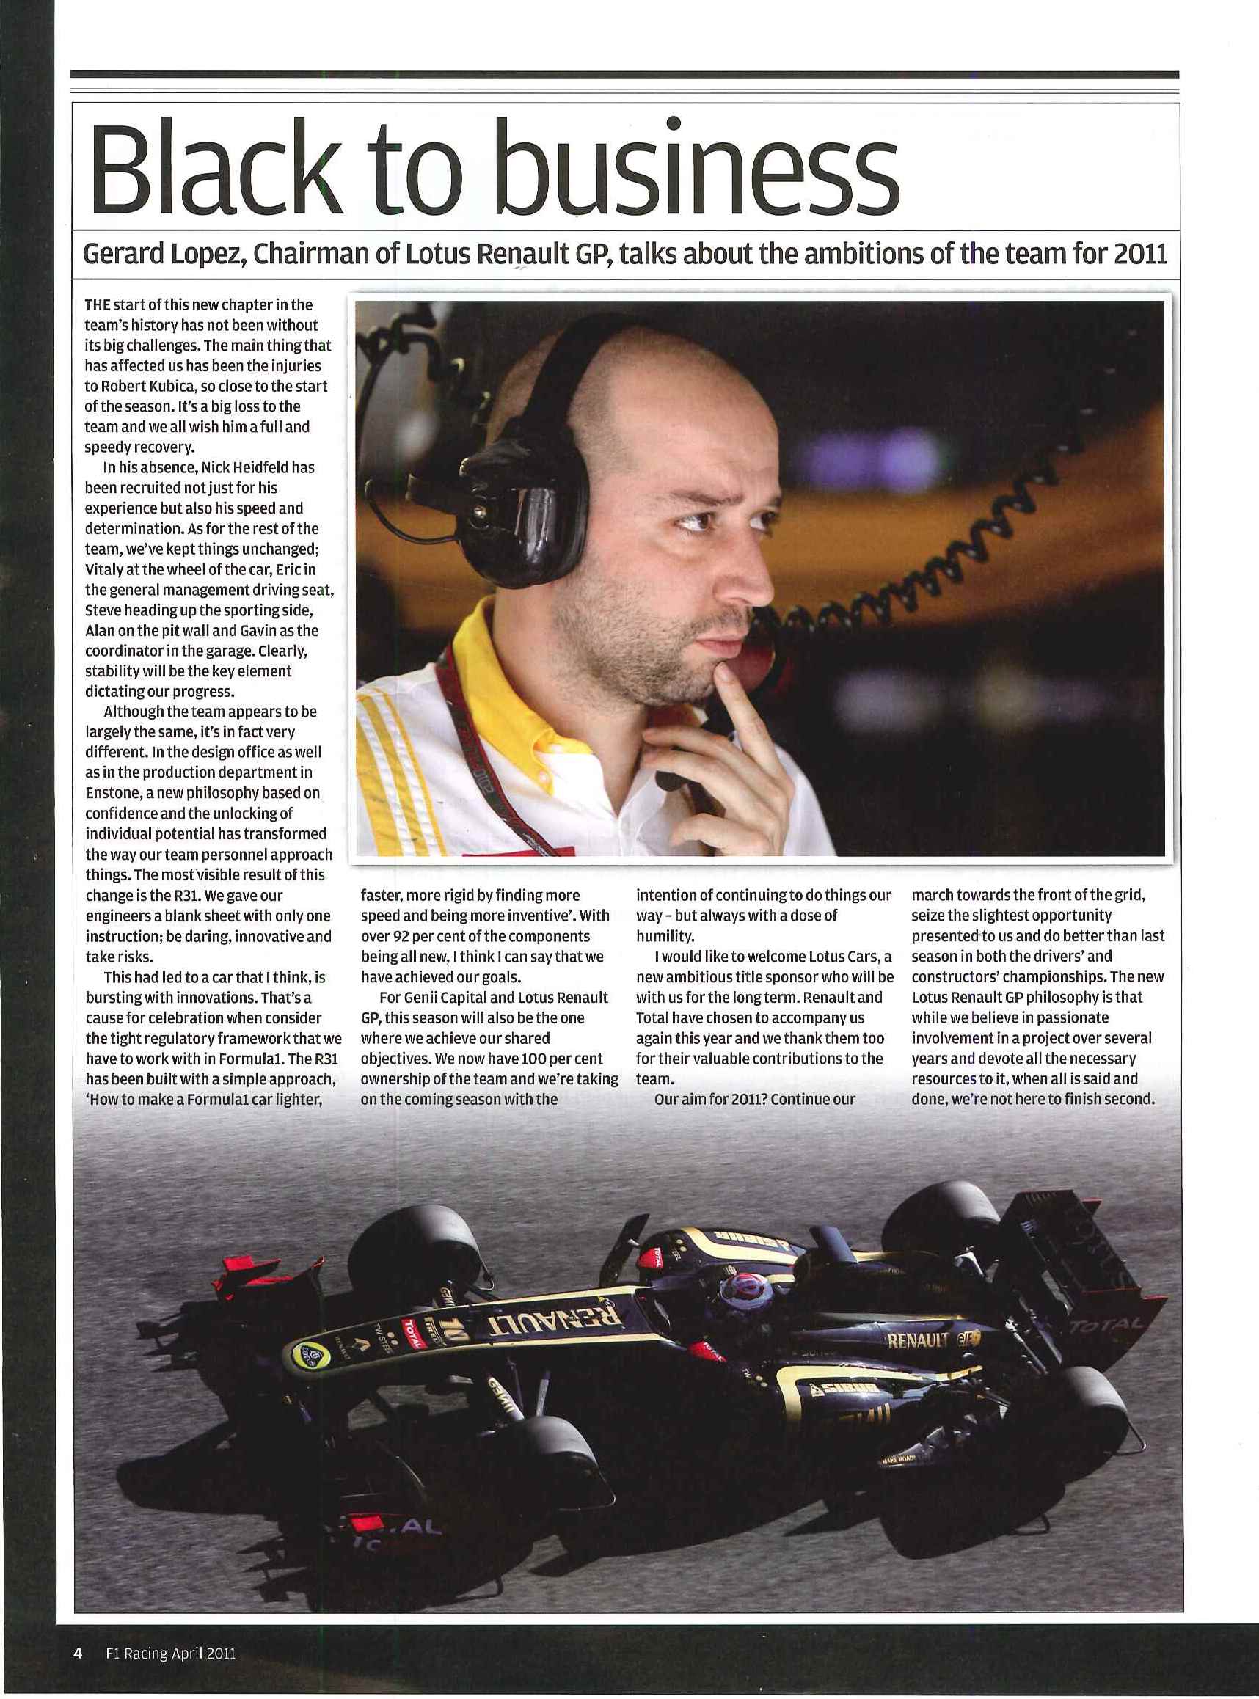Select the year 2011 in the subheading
[1140, 254]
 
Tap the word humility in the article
[665, 935]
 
